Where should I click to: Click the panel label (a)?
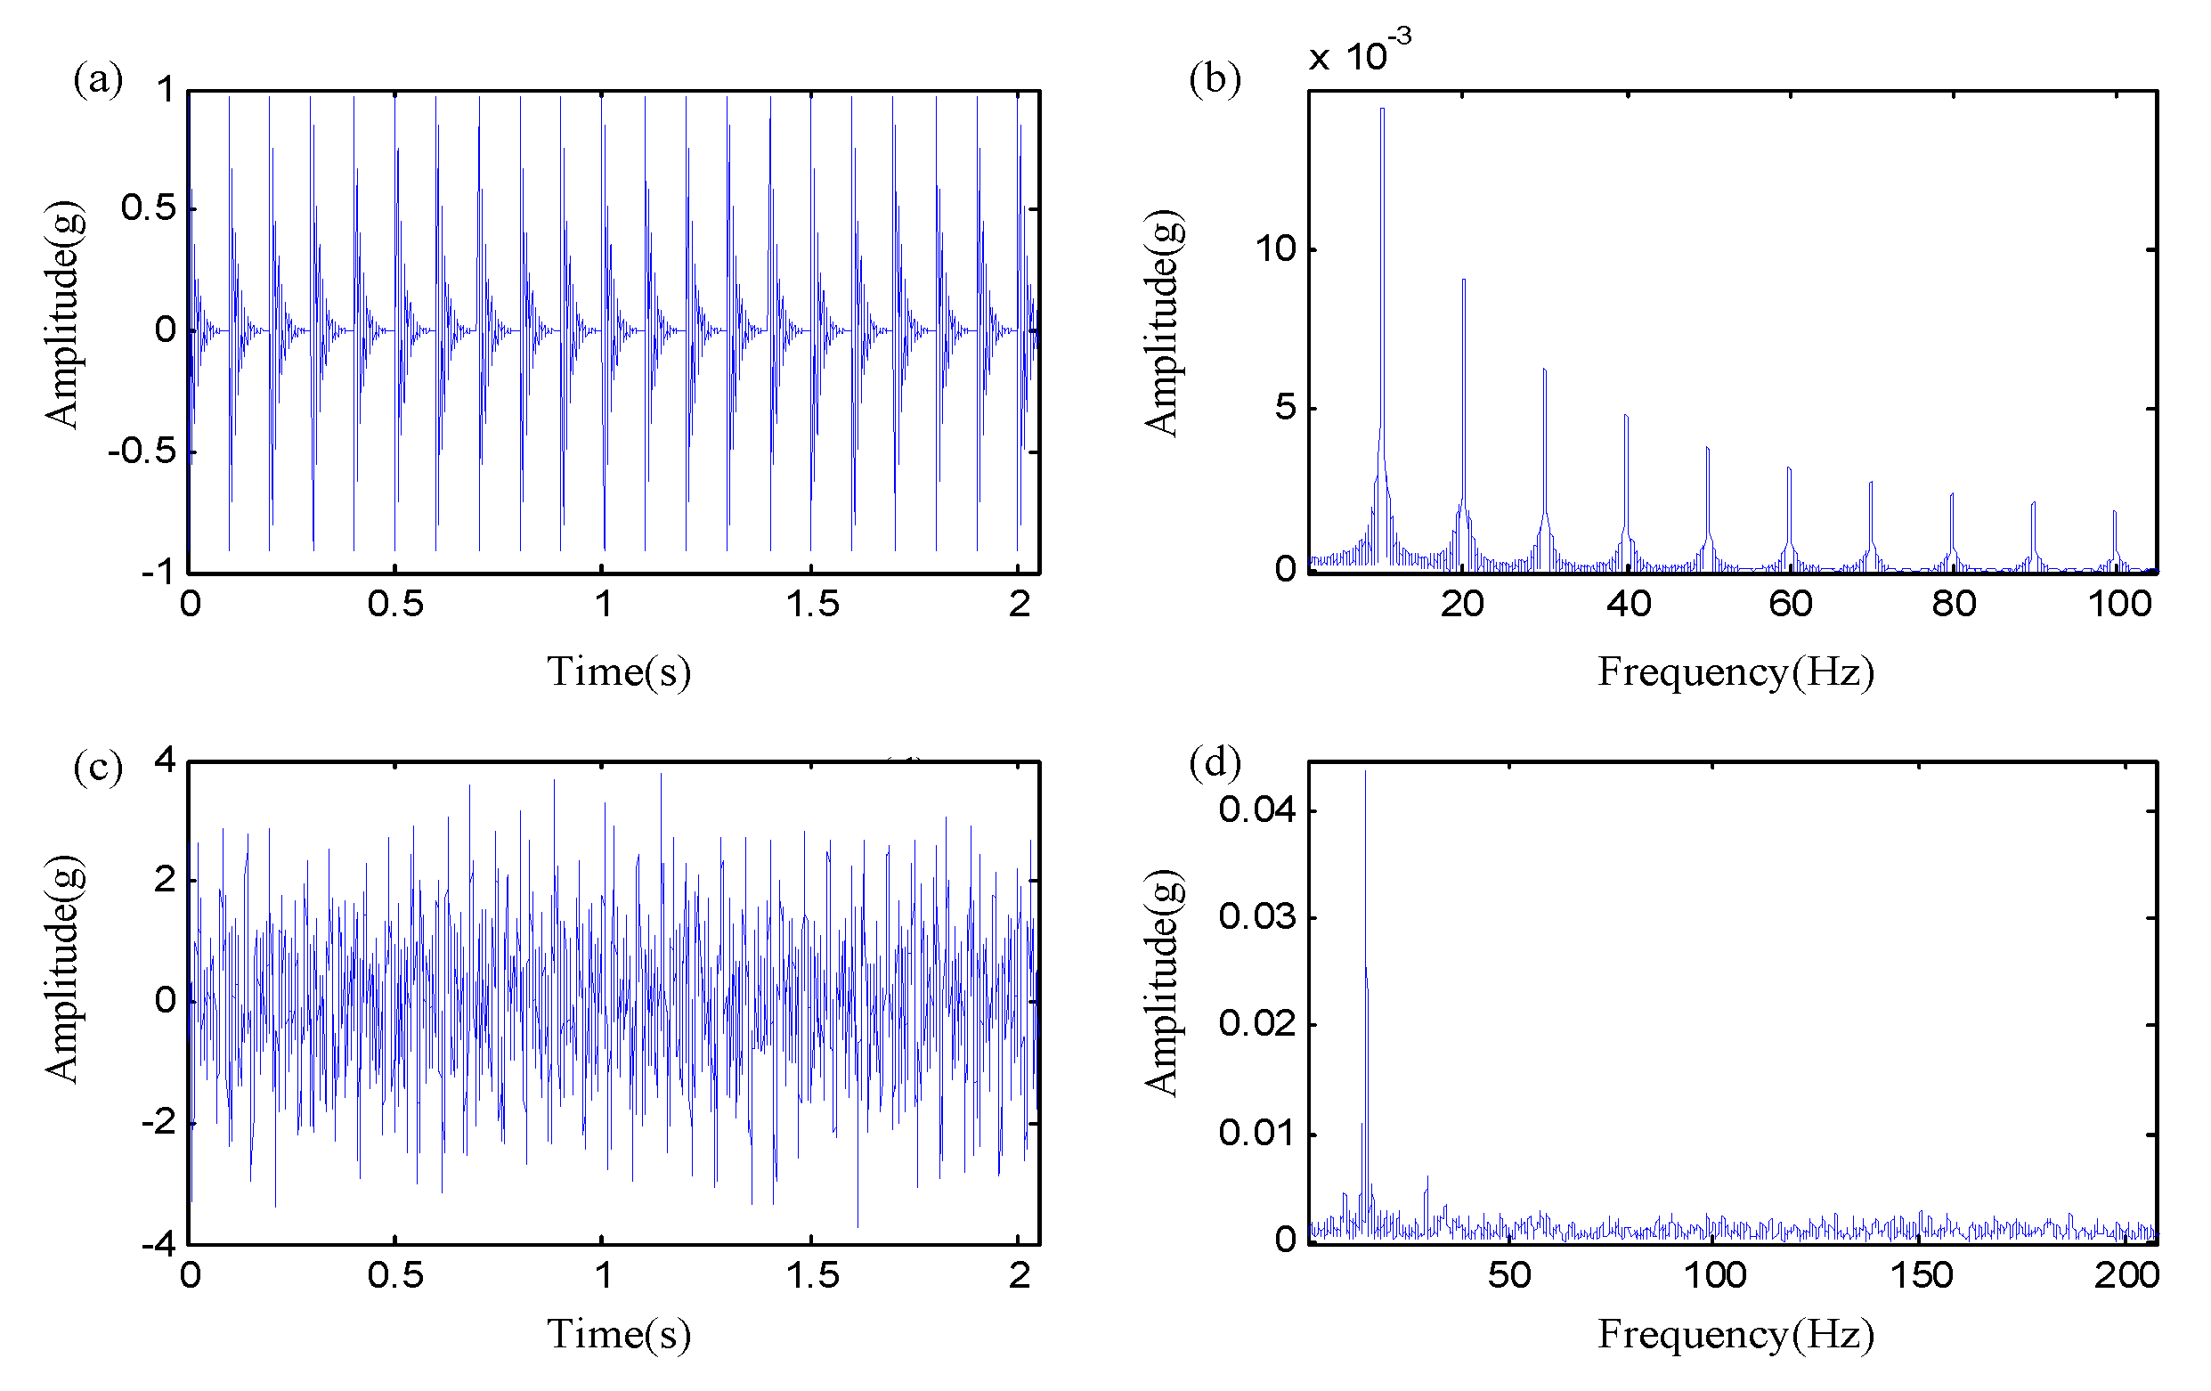pyautogui.click(x=97, y=79)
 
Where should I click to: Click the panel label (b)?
pyautogui.click(x=1214, y=79)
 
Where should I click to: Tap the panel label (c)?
pyautogui.click(x=97, y=766)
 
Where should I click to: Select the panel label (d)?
pyautogui.click(x=1214, y=762)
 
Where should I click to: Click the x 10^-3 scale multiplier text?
pyautogui.click(x=1359, y=53)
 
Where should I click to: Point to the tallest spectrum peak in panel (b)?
pyautogui.click(x=1382, y=110)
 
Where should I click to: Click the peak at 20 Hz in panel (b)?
pyautogui.click(x=1463, y=281)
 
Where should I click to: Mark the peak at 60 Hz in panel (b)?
pyautogui.click(x=1789, y=469)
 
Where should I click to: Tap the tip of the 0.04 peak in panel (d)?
pyautogui.click(x=1364, y=773)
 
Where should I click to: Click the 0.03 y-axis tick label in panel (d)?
pyautogui.click(x=1256, y=916)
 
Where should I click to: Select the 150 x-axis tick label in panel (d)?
pyautogui.click(x=1921, y=1275)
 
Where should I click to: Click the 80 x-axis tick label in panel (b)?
pyautogui.click(x=1953, y=604)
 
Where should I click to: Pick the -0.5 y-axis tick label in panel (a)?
pyautogui.click(x=142, y=451)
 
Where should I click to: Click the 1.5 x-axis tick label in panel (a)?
pyautogui.click(x=812, y=604)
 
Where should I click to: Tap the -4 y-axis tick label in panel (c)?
pyautogui.click(x=158, y=1244)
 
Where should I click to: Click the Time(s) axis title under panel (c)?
pyautogui.click(x=618, y=1334)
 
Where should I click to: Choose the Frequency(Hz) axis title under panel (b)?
pyautogui.click(x=1735, y=671)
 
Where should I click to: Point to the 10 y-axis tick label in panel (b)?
pyautogui.click(x=1274, y=248)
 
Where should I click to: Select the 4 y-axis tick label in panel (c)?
pyautogui.click(x=166, y=761)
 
